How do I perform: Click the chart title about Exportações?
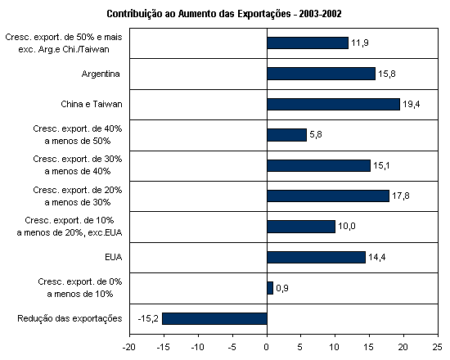pyautogui.click(x=224, y=14)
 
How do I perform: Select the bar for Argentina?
pyautogui.click(x=322, y=74)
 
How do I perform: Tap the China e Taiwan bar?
pyautogui.click(x=334, y=104)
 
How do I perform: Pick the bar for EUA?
pyautogui.click(x=317, y=257)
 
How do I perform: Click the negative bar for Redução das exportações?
pyautogui.click(x=214, y=318)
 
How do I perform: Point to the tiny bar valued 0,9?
pyautogui.click(x=270, y=288)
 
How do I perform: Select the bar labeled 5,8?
pyautogui.click(x=287, y=135)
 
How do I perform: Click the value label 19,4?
pyautogui.click(x=412, y=104)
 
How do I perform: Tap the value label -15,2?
pyautogui.click(x=148, y=318)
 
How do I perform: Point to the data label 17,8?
pyautogui.click(x=401, y=196)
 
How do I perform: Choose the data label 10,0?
pyautogui.click(x=347, y=226)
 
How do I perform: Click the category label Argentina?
pyautogui.click(x=101, y=74)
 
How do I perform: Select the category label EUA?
pyautogui.click(x=114, y=257)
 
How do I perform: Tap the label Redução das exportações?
pyautogui.click(x=70, y=318)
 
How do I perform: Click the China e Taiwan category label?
pyautogui.click(x=92, y=104)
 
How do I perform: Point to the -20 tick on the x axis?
pyautogui.click(x=128, y=348)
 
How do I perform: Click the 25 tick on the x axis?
pyautogui.click(x=438, y=348)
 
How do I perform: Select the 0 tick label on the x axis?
pyautogui.click(x=267, y=348)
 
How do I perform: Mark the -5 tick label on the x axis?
pyautogui.click(x=232, y=348)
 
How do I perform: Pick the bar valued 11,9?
pyautogui.click(x=308, y=43)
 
